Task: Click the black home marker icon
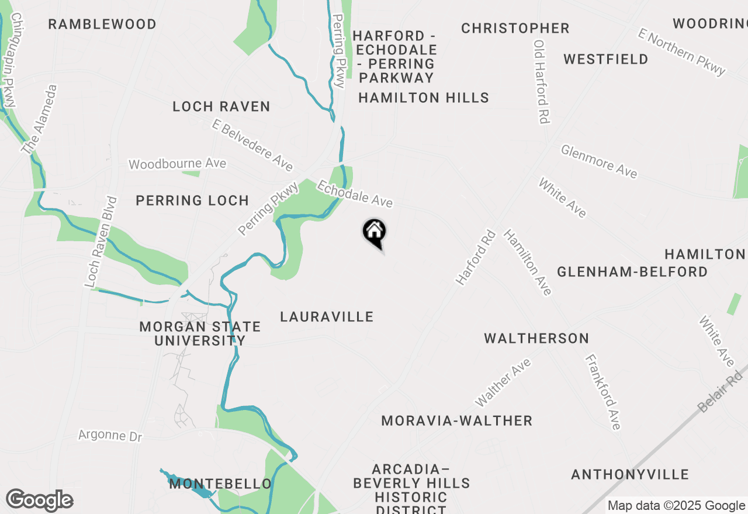tap(374, 232)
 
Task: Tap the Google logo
tap(39, 501)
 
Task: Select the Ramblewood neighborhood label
tap(102, 25)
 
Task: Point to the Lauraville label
tap(327, 317)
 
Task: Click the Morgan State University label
tap(200, 334)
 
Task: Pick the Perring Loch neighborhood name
tap(192, 201)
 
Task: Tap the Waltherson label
tap(536, 338)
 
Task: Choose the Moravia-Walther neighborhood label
tap(456, 421)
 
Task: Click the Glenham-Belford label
tap(632, 272)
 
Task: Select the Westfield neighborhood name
tap(606, 60)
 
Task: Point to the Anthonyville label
tap(630, 474)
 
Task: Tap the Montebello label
tap(220, 484)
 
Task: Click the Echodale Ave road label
tap(355, 194)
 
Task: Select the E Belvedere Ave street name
tap(252, 145)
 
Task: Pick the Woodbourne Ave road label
tap(177, 164)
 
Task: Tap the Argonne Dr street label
tap(110, 436)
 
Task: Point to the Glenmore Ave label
tap(599, 161)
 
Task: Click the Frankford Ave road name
tap(602, 392)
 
